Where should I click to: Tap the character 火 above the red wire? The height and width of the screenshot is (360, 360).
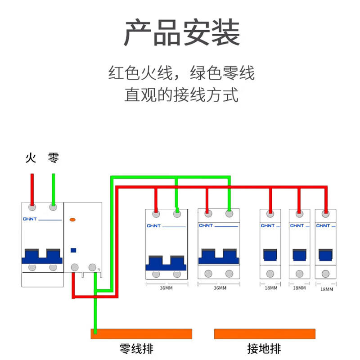[x=30, y=158]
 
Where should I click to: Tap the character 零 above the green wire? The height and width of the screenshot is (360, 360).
[x=53, y=158]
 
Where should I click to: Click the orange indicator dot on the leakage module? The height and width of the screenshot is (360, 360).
[x=72, y=220]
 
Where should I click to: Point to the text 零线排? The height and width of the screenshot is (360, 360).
[x=139, y=349]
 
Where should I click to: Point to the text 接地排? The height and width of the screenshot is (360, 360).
[x=264, y=349]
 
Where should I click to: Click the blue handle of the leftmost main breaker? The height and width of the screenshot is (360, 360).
[x=41, y=256]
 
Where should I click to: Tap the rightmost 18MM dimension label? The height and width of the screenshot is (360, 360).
[x=326, y=289]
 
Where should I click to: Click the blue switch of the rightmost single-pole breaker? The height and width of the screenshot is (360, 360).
[x=325, y=255]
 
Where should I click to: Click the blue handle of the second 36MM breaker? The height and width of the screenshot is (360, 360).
[x=219, y=256]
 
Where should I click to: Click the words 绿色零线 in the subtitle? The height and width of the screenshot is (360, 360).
[x=222, y=72]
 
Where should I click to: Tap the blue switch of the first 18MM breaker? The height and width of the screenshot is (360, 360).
[x=270, y=255]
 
